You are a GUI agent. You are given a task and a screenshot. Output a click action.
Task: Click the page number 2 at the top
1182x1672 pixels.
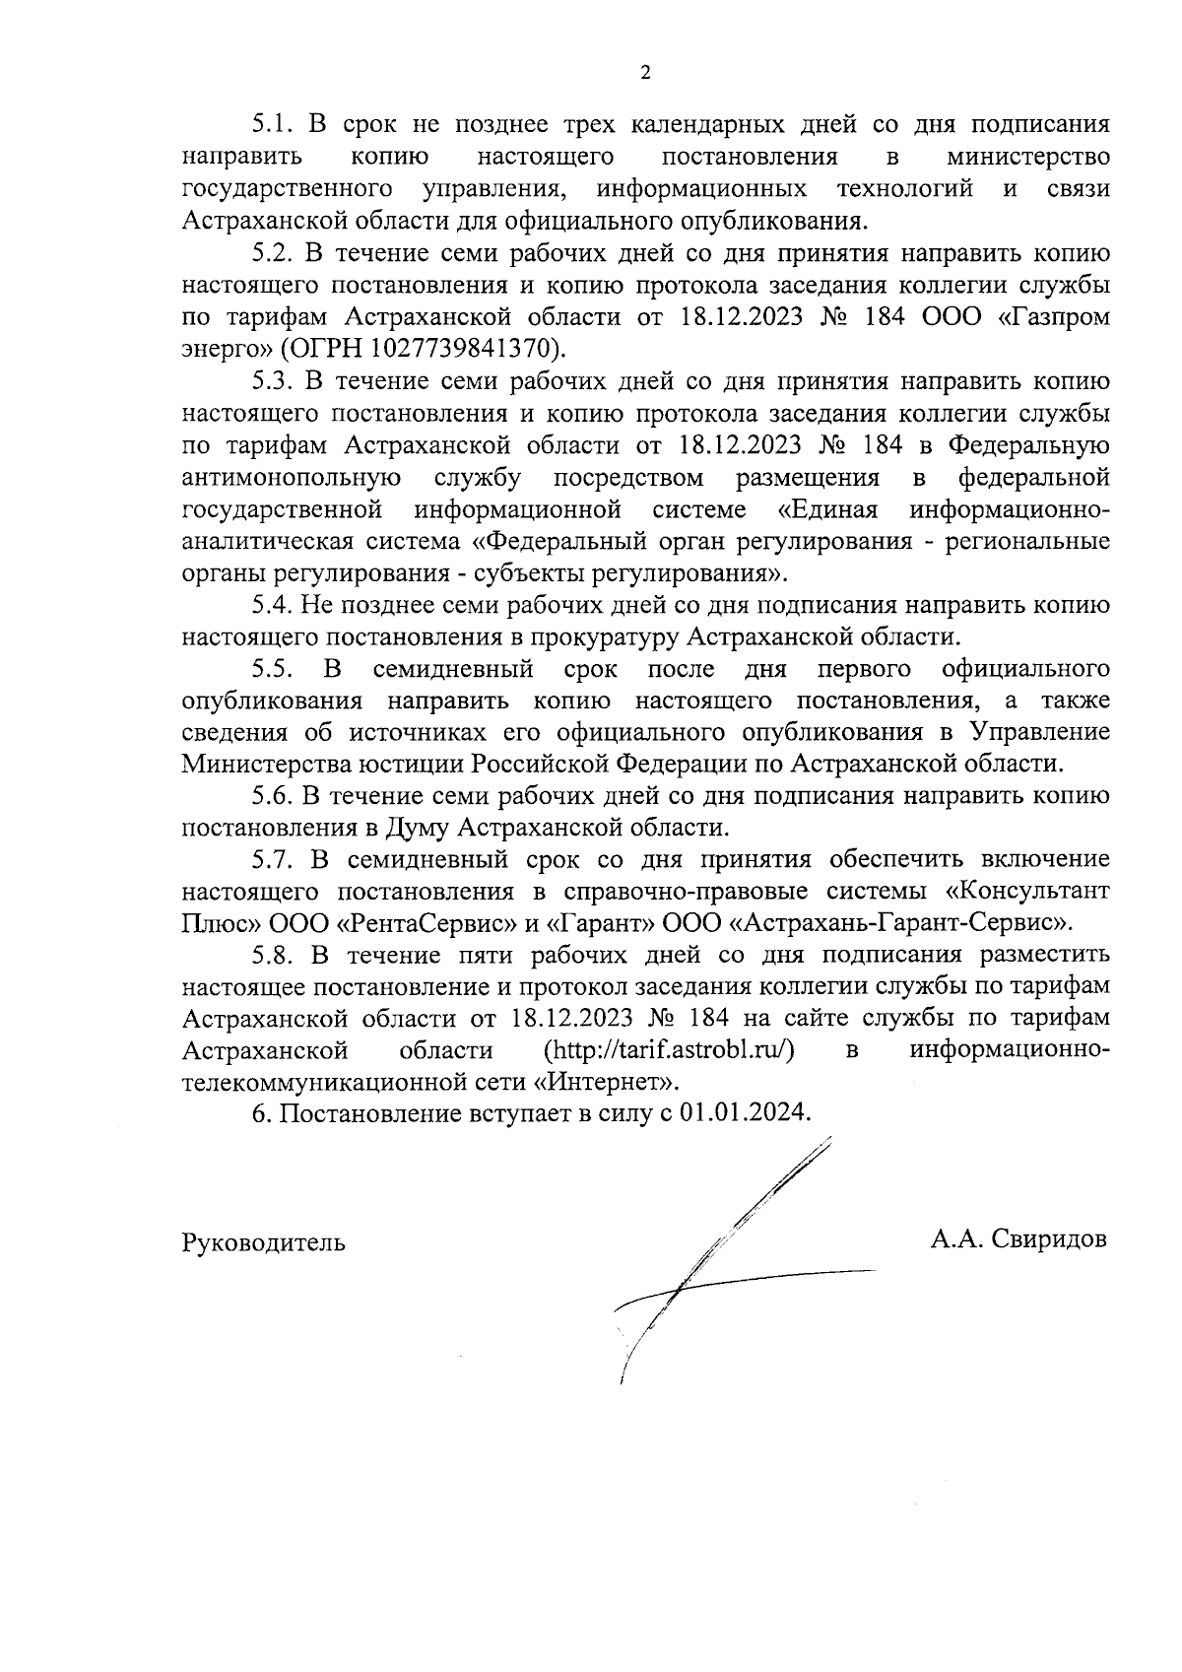pyautogui.click(x=645, y=72)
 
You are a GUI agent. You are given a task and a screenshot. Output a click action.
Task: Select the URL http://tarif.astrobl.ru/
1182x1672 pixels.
pyautogui.click(x=669, y=1049)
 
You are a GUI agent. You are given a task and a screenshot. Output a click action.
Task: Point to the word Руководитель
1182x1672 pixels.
pyautogui.click(x=264, y=1241)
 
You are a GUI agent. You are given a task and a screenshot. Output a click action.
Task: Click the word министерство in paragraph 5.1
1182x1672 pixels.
pyautogui.click(x=1027, y=157)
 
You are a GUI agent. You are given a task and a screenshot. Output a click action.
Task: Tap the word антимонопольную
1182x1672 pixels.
pyautogui.click(x=292, y=478)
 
